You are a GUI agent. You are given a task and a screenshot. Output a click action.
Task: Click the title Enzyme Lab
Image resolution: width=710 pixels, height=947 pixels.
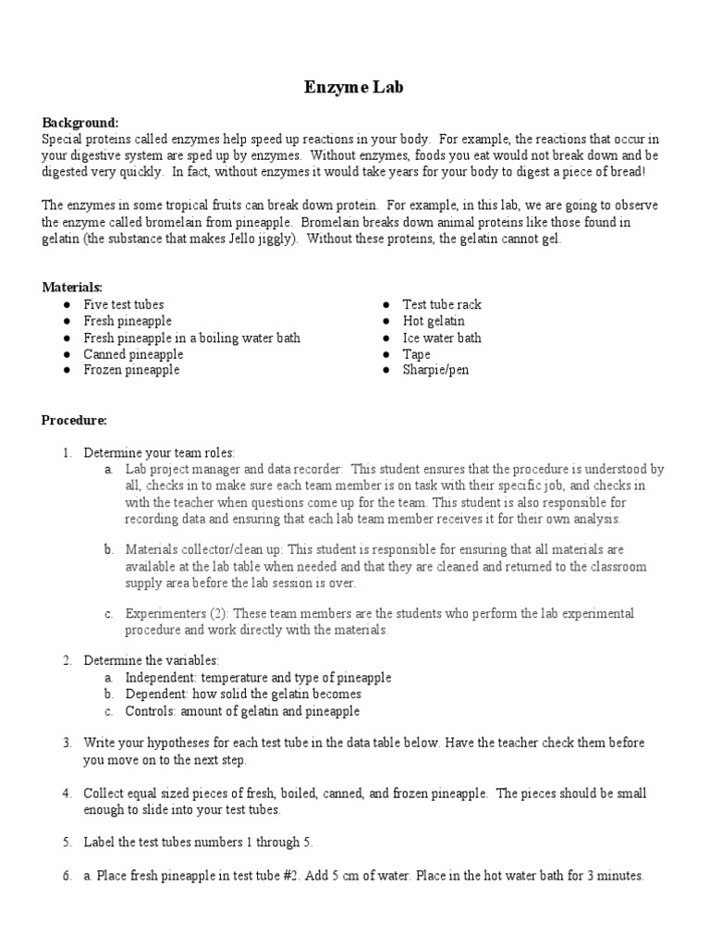(354, 88)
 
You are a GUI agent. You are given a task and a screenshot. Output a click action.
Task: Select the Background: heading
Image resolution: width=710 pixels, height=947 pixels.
(80, 122)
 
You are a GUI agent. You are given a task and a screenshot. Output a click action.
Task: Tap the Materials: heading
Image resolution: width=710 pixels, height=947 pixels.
(71, 288)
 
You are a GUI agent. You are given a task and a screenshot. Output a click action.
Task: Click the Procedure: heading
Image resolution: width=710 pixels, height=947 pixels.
(74, 420)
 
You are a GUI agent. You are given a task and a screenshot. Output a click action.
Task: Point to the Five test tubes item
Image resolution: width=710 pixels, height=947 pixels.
(124, 304)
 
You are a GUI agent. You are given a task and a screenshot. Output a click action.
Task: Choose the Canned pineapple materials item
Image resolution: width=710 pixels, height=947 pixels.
(133, 354)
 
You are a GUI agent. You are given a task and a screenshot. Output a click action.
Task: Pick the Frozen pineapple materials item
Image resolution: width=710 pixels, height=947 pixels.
(131, 370)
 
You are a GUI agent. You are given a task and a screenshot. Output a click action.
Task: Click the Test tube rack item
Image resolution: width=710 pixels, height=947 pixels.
(442, 304)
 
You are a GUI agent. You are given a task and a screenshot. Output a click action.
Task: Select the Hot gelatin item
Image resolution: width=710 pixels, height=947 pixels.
(434, 321)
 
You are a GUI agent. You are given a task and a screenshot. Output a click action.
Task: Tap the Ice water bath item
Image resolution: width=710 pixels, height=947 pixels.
(442, 338)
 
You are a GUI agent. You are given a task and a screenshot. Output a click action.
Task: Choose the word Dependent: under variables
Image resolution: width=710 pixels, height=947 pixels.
(158, 694)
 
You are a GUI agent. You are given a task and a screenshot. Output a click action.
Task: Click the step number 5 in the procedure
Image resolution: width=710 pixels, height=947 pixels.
(67, 842)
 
